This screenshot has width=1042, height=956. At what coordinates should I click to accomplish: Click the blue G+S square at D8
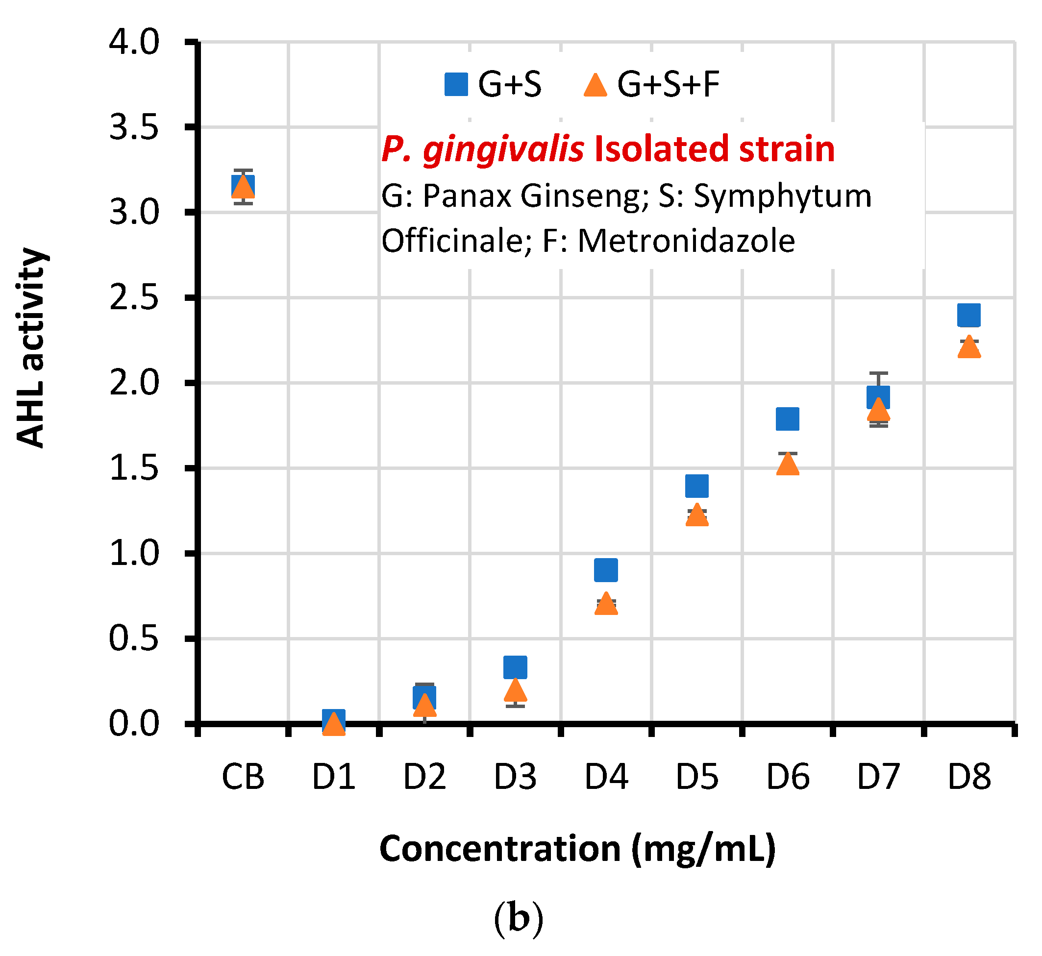(x=968, y=315)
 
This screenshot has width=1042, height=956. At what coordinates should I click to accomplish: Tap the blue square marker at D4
(x=606, y=570)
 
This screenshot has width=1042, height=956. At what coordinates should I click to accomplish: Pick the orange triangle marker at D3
(x=515, y=690)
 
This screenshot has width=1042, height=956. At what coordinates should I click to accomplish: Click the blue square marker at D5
(x=696, y=486)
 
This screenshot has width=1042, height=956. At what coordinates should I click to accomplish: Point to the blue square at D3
(x=515, y=667)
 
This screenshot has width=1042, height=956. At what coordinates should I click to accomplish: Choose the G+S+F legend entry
(x=651, y=84)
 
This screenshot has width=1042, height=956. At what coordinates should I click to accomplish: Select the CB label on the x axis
(x=243, y=777)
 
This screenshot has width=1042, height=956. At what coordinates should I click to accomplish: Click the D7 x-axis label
(x=878, y=777)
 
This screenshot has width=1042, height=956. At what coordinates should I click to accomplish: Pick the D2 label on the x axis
(x=424, y=777)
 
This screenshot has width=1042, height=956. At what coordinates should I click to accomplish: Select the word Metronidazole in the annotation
(x=686, y=241)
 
